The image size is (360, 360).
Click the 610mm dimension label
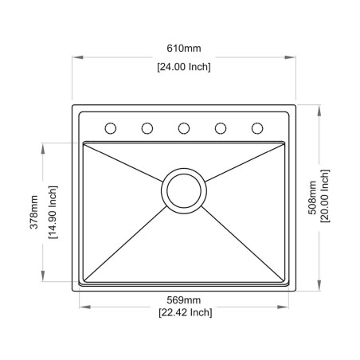[184, 50]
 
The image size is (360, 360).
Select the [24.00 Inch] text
[184, 67]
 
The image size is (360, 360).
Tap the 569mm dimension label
[184, 299]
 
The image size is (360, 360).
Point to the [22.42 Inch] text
[184, 313]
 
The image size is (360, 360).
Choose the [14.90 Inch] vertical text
[53, 213]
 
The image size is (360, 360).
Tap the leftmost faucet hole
[111, 127]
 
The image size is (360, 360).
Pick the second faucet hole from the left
[147, 127]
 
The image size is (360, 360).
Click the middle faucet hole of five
[184, 127]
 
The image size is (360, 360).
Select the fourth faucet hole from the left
[221, 127]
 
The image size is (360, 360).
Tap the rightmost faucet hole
[257, 127]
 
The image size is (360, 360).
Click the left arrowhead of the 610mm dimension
[76, 57]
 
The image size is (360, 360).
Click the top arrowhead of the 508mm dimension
[319, 108]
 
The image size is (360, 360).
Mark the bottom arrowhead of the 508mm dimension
[319, 290]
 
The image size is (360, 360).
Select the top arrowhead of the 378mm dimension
[44, 146]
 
